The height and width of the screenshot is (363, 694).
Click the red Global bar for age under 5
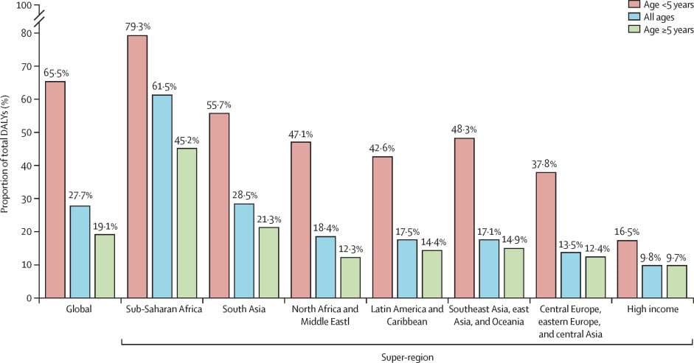pos(55,189)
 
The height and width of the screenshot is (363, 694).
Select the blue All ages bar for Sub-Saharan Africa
pos(162,196)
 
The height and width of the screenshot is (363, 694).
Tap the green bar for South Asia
pos(268,262)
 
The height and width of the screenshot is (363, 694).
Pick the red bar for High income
pos(627,269)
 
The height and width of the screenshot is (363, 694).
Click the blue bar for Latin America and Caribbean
pos(407,268)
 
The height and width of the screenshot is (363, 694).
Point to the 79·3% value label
pos(138,27)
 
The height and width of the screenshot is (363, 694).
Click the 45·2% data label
pos(187,141)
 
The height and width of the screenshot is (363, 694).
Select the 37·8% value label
pos(544,164)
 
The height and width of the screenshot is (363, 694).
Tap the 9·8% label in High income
pos(650,257)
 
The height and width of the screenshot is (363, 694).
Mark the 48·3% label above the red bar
pos(464,130)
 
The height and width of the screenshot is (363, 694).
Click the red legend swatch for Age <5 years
pos(634,5)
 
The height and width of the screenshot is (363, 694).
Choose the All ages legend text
pos(659,17)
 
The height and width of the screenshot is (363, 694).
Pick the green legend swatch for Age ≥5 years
pos(634,29)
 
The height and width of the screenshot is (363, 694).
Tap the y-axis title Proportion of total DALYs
pos(5,153)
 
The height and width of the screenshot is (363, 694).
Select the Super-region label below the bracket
pos(407,357)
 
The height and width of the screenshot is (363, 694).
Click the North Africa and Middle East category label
pos(325,315)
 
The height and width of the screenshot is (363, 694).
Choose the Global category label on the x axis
pos(79,309)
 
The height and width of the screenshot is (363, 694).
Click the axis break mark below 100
pos(39,19)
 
